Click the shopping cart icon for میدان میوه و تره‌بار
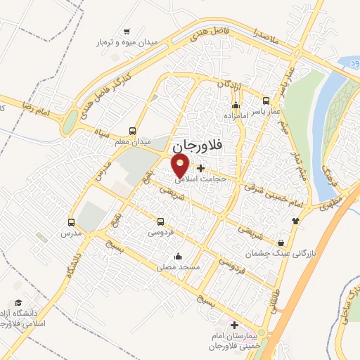coord(127,31)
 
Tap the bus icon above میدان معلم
coord(133,130)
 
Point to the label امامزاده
coord(238,114)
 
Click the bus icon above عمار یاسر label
coord(266,101)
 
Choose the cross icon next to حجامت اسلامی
coord(202,168)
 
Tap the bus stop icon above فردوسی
coord(161,221)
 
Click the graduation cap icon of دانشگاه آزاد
coord(17,302)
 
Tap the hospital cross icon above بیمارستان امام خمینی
coord(235,326)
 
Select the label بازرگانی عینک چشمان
coord(281,251)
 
